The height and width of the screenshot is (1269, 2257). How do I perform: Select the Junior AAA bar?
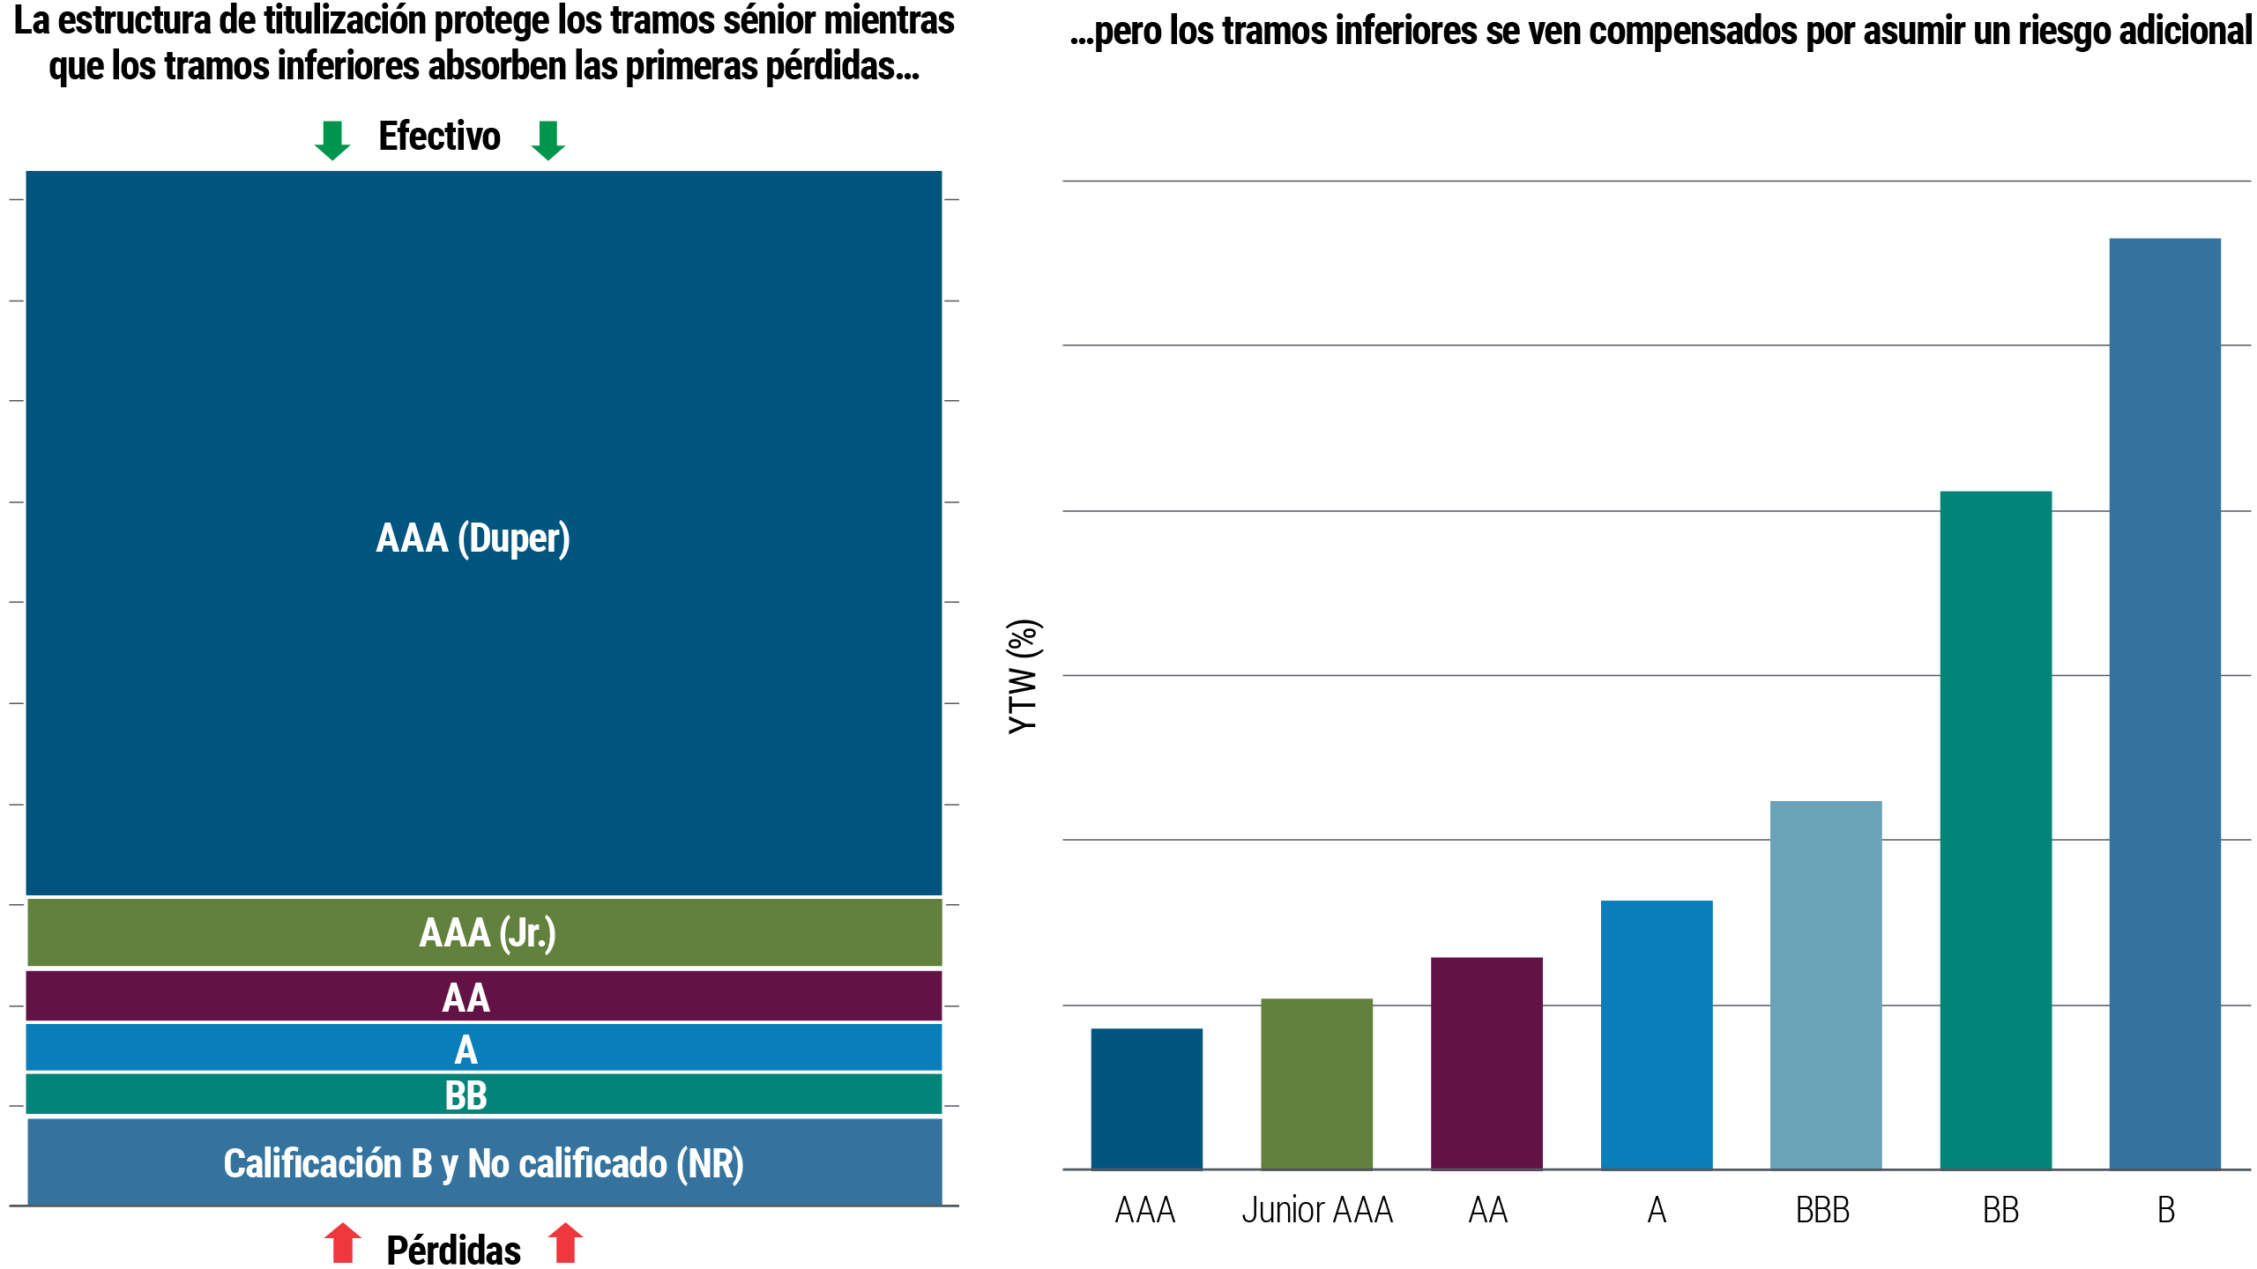[1316, 1083]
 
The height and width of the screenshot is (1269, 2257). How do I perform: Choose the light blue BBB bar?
[1826, 984]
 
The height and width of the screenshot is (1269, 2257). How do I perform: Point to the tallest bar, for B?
[2164, 702]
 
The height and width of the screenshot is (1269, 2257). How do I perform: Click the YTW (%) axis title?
[1024, 677]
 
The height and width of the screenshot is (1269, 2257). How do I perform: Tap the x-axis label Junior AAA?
[1317, 1210]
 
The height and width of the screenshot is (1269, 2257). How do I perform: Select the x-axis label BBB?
[1822, 1210]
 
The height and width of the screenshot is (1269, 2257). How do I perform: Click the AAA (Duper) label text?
[473, 538]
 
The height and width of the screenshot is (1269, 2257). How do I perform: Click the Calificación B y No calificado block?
[483, 1163]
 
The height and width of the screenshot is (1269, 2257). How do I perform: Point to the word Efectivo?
[439, 137]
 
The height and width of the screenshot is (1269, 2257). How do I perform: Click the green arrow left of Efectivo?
[331, 140]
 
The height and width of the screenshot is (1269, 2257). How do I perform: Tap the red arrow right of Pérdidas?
[565, 1243]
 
